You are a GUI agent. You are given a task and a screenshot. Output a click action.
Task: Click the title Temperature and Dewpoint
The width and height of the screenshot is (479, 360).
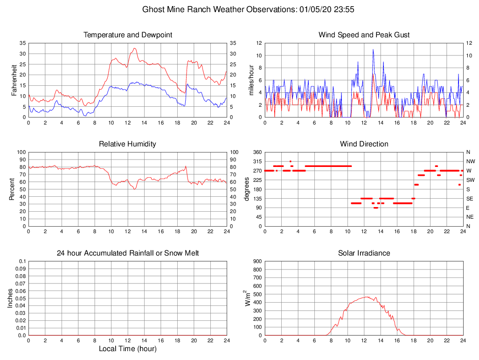(x=128, y=35)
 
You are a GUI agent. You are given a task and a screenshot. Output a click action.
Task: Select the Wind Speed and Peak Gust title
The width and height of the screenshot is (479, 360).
(x=364, y=35)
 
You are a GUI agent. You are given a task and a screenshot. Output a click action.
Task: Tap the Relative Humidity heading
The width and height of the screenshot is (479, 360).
(x=128, y=144)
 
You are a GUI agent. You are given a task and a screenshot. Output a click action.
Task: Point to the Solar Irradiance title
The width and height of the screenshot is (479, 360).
(x=364, y=253)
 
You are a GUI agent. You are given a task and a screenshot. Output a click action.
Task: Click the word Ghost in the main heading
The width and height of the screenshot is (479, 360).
(x=153, y=9)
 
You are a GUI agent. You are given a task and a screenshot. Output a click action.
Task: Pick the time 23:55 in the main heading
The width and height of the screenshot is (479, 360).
(x=344, y=9)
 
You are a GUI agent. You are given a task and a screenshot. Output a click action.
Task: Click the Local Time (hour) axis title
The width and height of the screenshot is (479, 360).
(x=128, y=349)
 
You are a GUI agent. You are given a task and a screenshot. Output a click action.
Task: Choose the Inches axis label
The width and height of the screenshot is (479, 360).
(x=11, y=298)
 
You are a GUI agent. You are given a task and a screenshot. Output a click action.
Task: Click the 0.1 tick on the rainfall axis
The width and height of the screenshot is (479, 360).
(x=22, y=261)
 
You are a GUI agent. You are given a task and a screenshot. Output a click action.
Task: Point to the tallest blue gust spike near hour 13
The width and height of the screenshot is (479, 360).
(x=373, y=49)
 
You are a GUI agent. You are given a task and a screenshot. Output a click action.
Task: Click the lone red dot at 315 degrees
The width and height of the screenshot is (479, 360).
(x=291, y=161)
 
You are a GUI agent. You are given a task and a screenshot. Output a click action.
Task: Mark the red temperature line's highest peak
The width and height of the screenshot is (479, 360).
(x=135, y=48)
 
